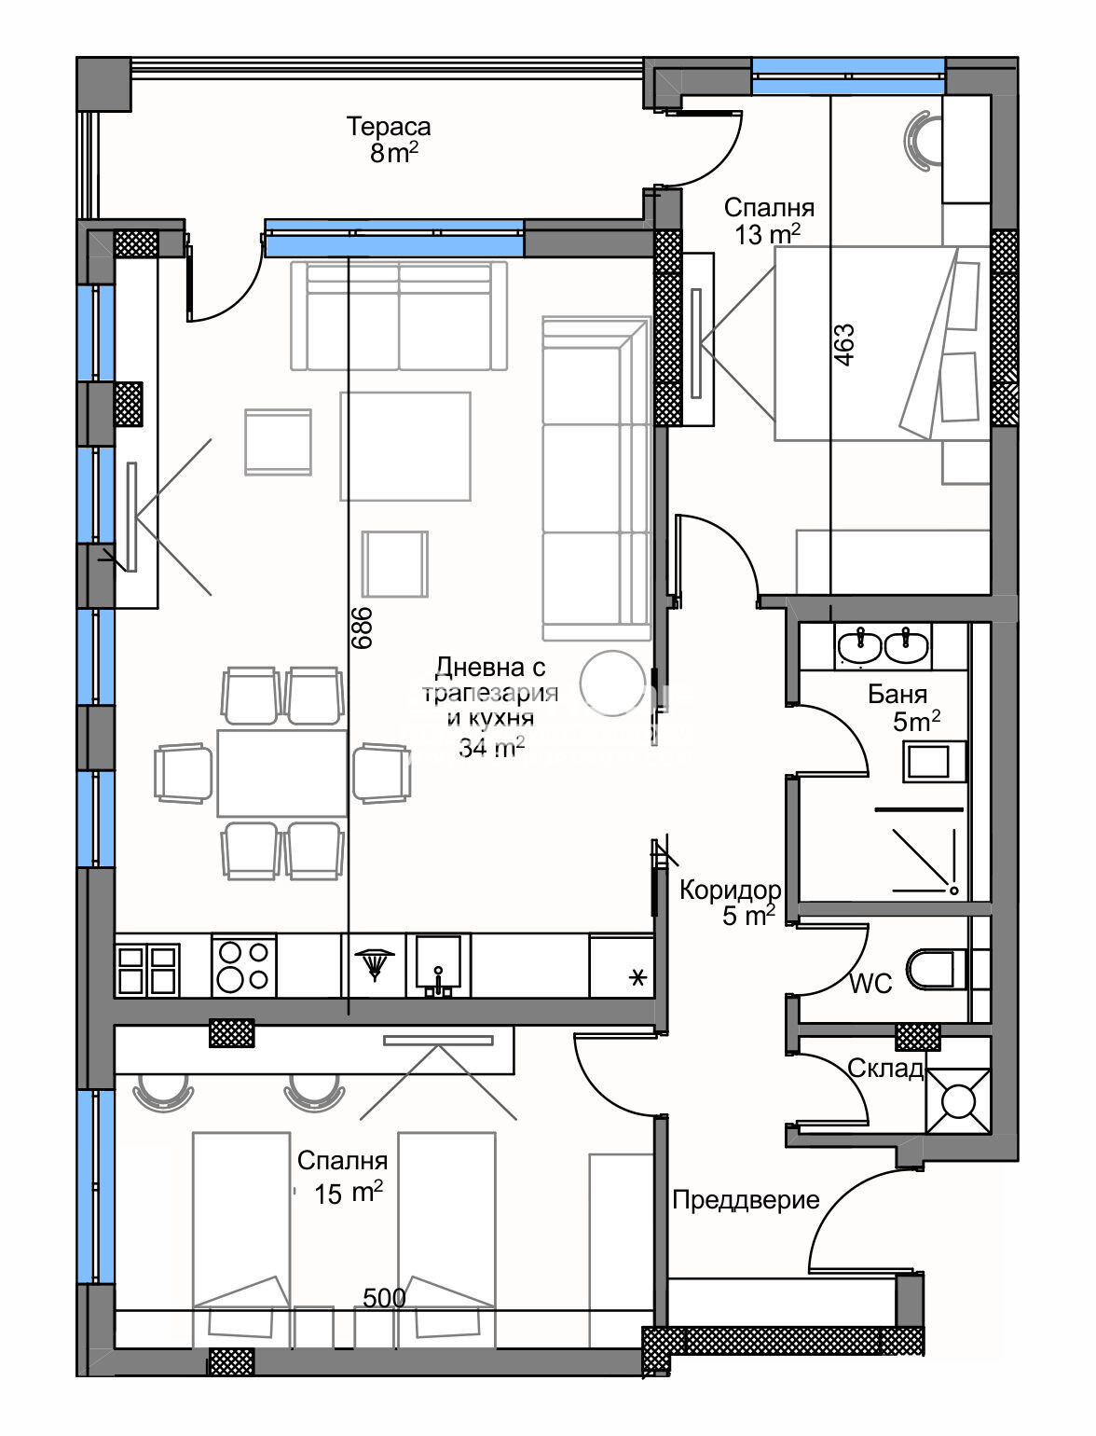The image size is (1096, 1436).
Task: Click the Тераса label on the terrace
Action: [x=389, y=126]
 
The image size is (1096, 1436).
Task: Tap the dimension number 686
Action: [x=362, y=628]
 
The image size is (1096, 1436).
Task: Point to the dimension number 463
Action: [x=843, y=345]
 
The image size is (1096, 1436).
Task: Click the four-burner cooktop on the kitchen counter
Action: [x=244, y=966]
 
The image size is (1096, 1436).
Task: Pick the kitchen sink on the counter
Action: [x=439, y=964]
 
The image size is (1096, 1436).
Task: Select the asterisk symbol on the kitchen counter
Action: [x=637, y=978]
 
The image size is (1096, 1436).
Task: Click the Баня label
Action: [x=897, y=694]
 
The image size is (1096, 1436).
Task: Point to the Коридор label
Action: [x=730, y=889]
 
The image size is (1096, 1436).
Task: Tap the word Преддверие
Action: [x=746, y=1199]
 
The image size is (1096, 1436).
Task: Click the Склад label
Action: [x=885, y=1069]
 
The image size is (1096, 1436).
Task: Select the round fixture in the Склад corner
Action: [x=958, y=1101]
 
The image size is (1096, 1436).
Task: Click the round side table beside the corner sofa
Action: [x=612, y=683]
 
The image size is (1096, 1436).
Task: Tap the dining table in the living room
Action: [x=282, y=773]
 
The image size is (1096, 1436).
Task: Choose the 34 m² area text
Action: [x=491, y=747]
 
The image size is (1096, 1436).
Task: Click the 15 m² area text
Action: [x=349, y=1193]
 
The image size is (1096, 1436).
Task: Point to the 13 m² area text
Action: [x=768, y=233]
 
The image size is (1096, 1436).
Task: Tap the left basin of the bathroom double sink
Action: [x=860, y=647]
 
